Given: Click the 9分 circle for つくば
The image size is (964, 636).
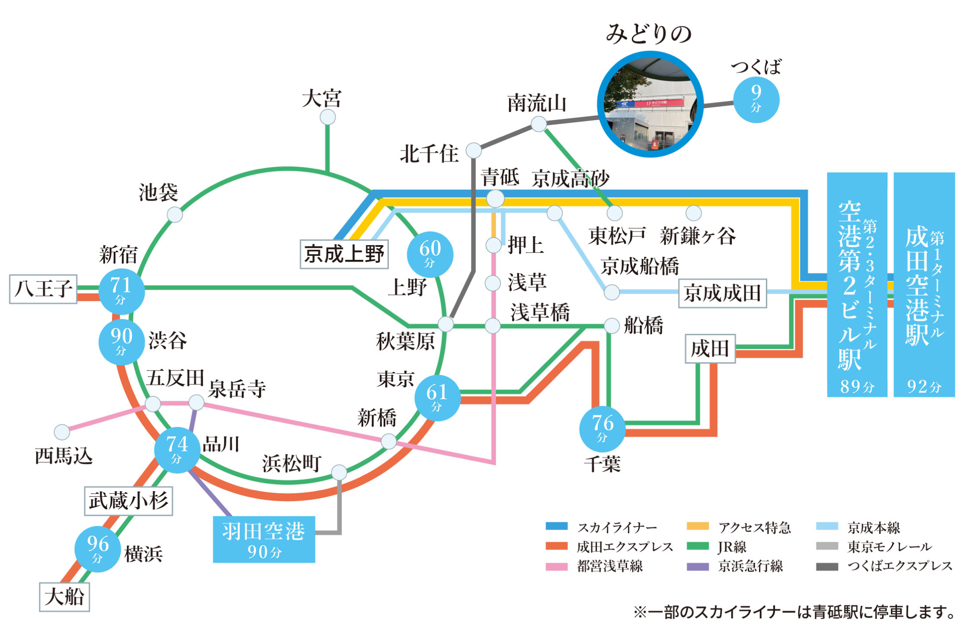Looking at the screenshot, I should [x=756, y=100].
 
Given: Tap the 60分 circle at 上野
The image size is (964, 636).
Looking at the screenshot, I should [x=430, y=254].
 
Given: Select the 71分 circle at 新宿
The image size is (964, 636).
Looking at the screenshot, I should [x=121, y=291].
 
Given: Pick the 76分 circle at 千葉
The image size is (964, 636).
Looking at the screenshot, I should [x=602, y=428].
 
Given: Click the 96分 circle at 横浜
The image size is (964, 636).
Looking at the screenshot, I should [x=97, y=549].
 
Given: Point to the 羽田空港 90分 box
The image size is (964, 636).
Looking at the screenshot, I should [x=264, y=539].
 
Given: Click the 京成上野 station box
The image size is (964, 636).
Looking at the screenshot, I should [x=344, y=254].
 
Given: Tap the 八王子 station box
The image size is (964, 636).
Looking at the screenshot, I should [x=43, y=289].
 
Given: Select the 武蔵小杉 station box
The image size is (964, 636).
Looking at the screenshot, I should [x=128, y=501].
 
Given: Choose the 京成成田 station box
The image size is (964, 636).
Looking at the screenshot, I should [x=722, y=293].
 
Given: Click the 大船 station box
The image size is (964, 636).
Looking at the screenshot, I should [x=64, y=597].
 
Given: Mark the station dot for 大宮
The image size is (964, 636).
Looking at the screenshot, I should [x=327, y=117].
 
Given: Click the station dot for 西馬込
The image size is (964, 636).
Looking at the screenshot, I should [x=62, y=431].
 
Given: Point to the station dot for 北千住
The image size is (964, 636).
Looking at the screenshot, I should [x=474, y=150].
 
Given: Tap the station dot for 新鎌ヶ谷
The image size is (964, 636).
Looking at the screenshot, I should [x=693, y=213].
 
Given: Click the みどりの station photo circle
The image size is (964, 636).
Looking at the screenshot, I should [x=650, y=104].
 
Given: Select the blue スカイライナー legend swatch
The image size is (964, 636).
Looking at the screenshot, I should [x=557, y=526].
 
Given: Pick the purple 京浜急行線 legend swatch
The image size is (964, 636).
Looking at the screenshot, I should [x=698, y=566].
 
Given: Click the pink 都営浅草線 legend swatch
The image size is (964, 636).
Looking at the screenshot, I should [x=557, y=566].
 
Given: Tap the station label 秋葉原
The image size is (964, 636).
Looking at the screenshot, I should [x=405, y=342].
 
